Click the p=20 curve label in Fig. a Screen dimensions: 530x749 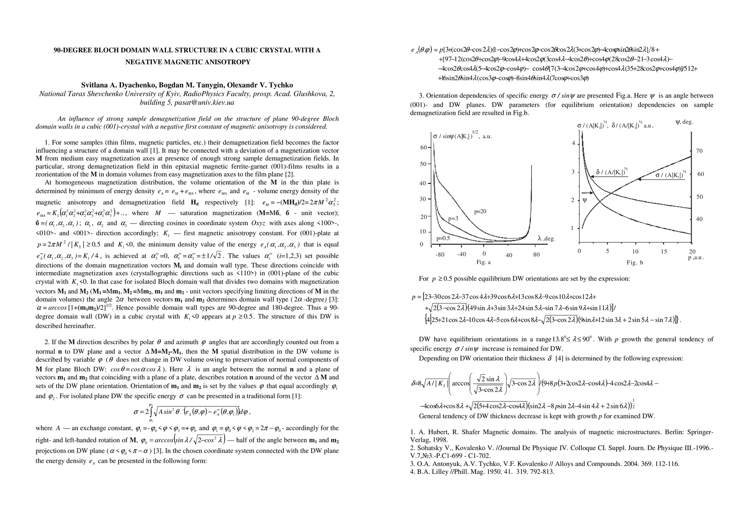480,212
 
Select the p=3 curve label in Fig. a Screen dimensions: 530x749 453,218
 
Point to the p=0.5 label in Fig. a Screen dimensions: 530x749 443,238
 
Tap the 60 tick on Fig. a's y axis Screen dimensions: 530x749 423,148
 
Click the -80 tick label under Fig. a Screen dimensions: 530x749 440,254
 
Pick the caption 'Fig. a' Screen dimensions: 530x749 484,262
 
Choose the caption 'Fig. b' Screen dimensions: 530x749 635,263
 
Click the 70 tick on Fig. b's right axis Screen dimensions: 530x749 699,151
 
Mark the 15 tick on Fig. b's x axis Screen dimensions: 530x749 663,251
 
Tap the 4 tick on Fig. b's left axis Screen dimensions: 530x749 574,144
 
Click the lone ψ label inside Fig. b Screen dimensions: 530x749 585,201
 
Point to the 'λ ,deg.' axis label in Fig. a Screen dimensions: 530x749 546,238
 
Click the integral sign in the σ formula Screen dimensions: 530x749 150,412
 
